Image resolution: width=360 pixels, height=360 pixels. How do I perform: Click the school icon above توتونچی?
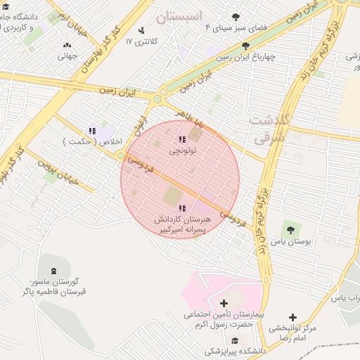click(x=183, y=140)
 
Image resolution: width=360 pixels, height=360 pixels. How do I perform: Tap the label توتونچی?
click(x=183, y=150)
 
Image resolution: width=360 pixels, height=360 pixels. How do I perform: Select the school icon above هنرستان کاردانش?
click(x=183, y=208)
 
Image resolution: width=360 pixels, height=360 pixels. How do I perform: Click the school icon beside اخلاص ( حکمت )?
click(x=92, y=131)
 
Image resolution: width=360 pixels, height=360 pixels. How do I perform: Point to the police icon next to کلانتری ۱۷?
click(x=142, y=30)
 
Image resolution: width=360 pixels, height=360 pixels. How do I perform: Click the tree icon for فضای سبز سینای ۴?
click(x=236, y=16)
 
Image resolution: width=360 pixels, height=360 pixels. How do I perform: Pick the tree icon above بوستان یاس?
click(x=290, y=229)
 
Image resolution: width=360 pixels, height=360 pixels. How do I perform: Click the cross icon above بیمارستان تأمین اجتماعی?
click(x=224, y=304)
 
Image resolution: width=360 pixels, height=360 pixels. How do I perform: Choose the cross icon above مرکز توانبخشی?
click(x=292, y=317)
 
